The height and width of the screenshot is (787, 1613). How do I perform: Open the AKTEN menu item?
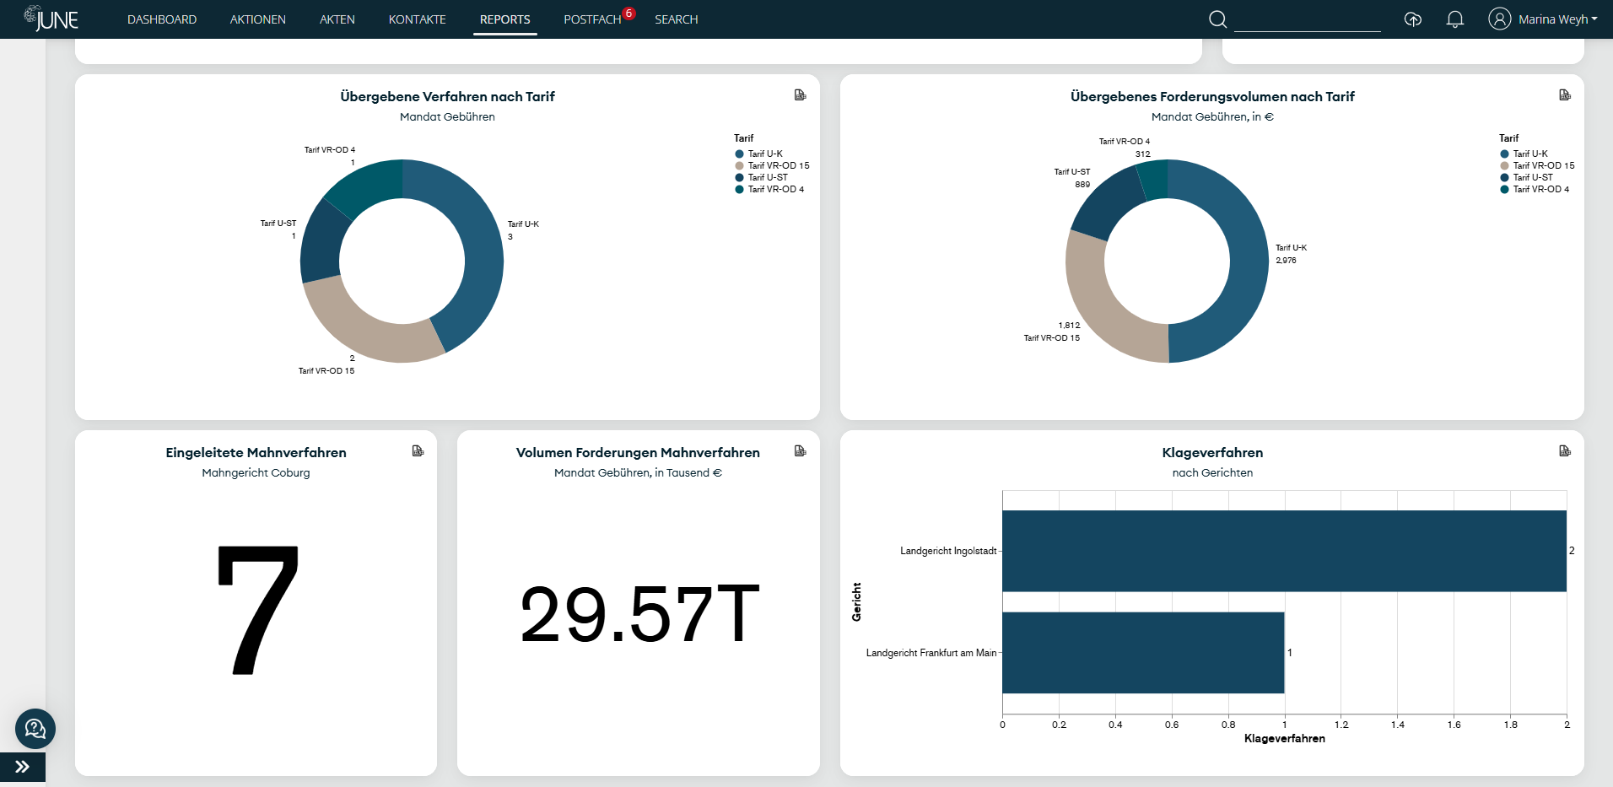(x=337, y=19)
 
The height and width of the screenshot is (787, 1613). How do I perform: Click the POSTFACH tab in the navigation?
(x=591, y=19)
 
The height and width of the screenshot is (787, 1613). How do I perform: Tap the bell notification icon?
(x=1454, y=19)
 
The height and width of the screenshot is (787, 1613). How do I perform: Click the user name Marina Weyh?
(x=1552, y=19)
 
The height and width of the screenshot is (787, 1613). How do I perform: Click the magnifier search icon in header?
(x=1217, y=19)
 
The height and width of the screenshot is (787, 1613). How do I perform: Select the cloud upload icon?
(x=1412, y=19)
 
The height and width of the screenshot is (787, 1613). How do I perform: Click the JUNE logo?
(x=52, y=19)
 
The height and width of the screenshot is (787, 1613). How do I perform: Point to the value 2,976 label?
(x=1286, y=261)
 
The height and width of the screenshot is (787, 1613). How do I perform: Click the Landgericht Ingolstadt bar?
(x=1282, y=551)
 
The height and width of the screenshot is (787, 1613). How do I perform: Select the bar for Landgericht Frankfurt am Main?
(x=1143, y=653)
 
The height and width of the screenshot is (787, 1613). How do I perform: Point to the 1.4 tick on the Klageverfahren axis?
(x=1397, y=725)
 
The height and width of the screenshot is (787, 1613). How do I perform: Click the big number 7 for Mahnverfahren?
(x=257, y=610)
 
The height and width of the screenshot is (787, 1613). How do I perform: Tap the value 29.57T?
(x=639, y=614)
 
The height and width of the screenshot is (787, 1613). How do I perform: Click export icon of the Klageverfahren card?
(x=1564, y=451)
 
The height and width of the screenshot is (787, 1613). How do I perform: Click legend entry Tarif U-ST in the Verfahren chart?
(x=767, y=178)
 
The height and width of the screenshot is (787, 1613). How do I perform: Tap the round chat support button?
(x=35, y=729)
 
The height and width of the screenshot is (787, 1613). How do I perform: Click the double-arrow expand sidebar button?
(x=23, y=767)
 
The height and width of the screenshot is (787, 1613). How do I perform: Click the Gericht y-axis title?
(x=856, y=601)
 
